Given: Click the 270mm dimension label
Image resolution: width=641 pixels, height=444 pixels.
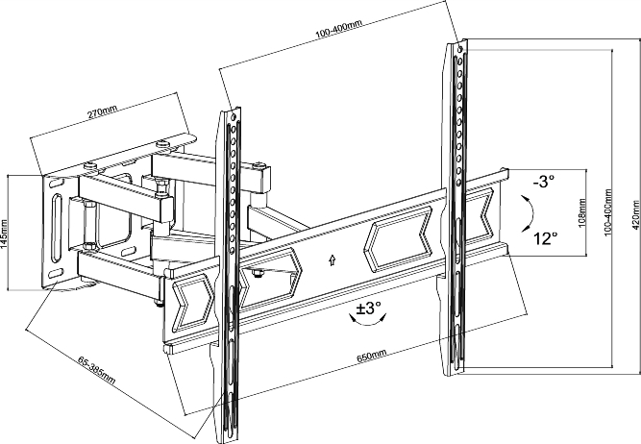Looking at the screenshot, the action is pos(102,111).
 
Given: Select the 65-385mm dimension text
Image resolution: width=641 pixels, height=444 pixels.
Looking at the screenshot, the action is pos(96,371).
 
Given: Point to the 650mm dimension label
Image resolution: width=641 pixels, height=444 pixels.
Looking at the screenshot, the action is pos(372,357).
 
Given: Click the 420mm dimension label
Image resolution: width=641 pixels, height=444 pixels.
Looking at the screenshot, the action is pos(635,214).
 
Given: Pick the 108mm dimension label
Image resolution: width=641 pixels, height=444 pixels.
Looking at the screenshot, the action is pos(582,212).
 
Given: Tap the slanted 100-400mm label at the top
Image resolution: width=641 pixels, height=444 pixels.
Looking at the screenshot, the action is pos(338,29).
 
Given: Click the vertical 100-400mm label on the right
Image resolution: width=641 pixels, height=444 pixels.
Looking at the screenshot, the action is pos(608,212).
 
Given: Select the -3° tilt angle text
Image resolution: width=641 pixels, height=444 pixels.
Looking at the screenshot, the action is pos(544,181).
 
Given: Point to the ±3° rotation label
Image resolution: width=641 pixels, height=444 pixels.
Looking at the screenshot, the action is pos(368,308).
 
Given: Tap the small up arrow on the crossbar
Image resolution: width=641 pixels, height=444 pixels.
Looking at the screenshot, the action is pos(332,260).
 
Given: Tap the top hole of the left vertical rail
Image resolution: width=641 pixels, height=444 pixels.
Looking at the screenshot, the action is pos(234,116).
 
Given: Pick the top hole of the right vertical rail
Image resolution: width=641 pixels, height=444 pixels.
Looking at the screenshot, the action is pos(460,49).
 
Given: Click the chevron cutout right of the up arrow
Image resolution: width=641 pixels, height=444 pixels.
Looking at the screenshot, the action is pos(397,239).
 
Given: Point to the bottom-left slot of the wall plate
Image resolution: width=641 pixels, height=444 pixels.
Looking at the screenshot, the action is pos(57,273).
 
